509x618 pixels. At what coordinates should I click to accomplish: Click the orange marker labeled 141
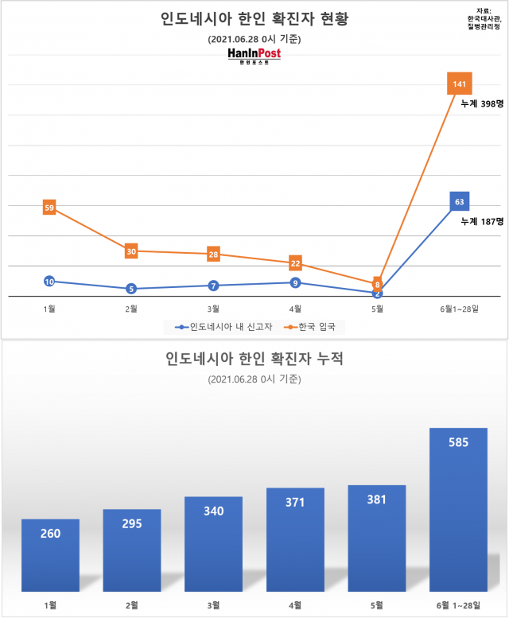[x=460, y=84]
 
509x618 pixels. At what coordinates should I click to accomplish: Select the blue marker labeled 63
[x=460, y=202]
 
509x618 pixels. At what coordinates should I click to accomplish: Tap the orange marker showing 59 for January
[x=49, y=208]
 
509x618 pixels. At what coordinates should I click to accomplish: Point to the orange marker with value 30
[x=131, y=251]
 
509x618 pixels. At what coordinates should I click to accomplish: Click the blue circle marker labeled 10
[x=49, y=282]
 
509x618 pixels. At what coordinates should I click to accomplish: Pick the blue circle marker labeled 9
[x=295, y=282]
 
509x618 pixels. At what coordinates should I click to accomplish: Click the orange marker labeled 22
[x=295, y=263]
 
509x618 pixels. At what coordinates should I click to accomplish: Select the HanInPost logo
[x=254, y=55]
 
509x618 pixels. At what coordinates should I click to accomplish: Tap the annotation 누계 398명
[x=482, y=103]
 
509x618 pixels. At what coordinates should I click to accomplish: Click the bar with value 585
[x=459, y=509]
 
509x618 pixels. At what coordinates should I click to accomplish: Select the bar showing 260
[x=50, y=555]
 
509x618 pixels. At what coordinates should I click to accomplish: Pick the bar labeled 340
[x=213, y=544]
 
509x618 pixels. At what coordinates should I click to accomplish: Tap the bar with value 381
[x=377, y=538]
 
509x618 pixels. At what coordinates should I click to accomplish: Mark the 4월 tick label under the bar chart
[x=295, y=605]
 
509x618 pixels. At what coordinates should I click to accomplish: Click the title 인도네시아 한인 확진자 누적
[x=254, y=359]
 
